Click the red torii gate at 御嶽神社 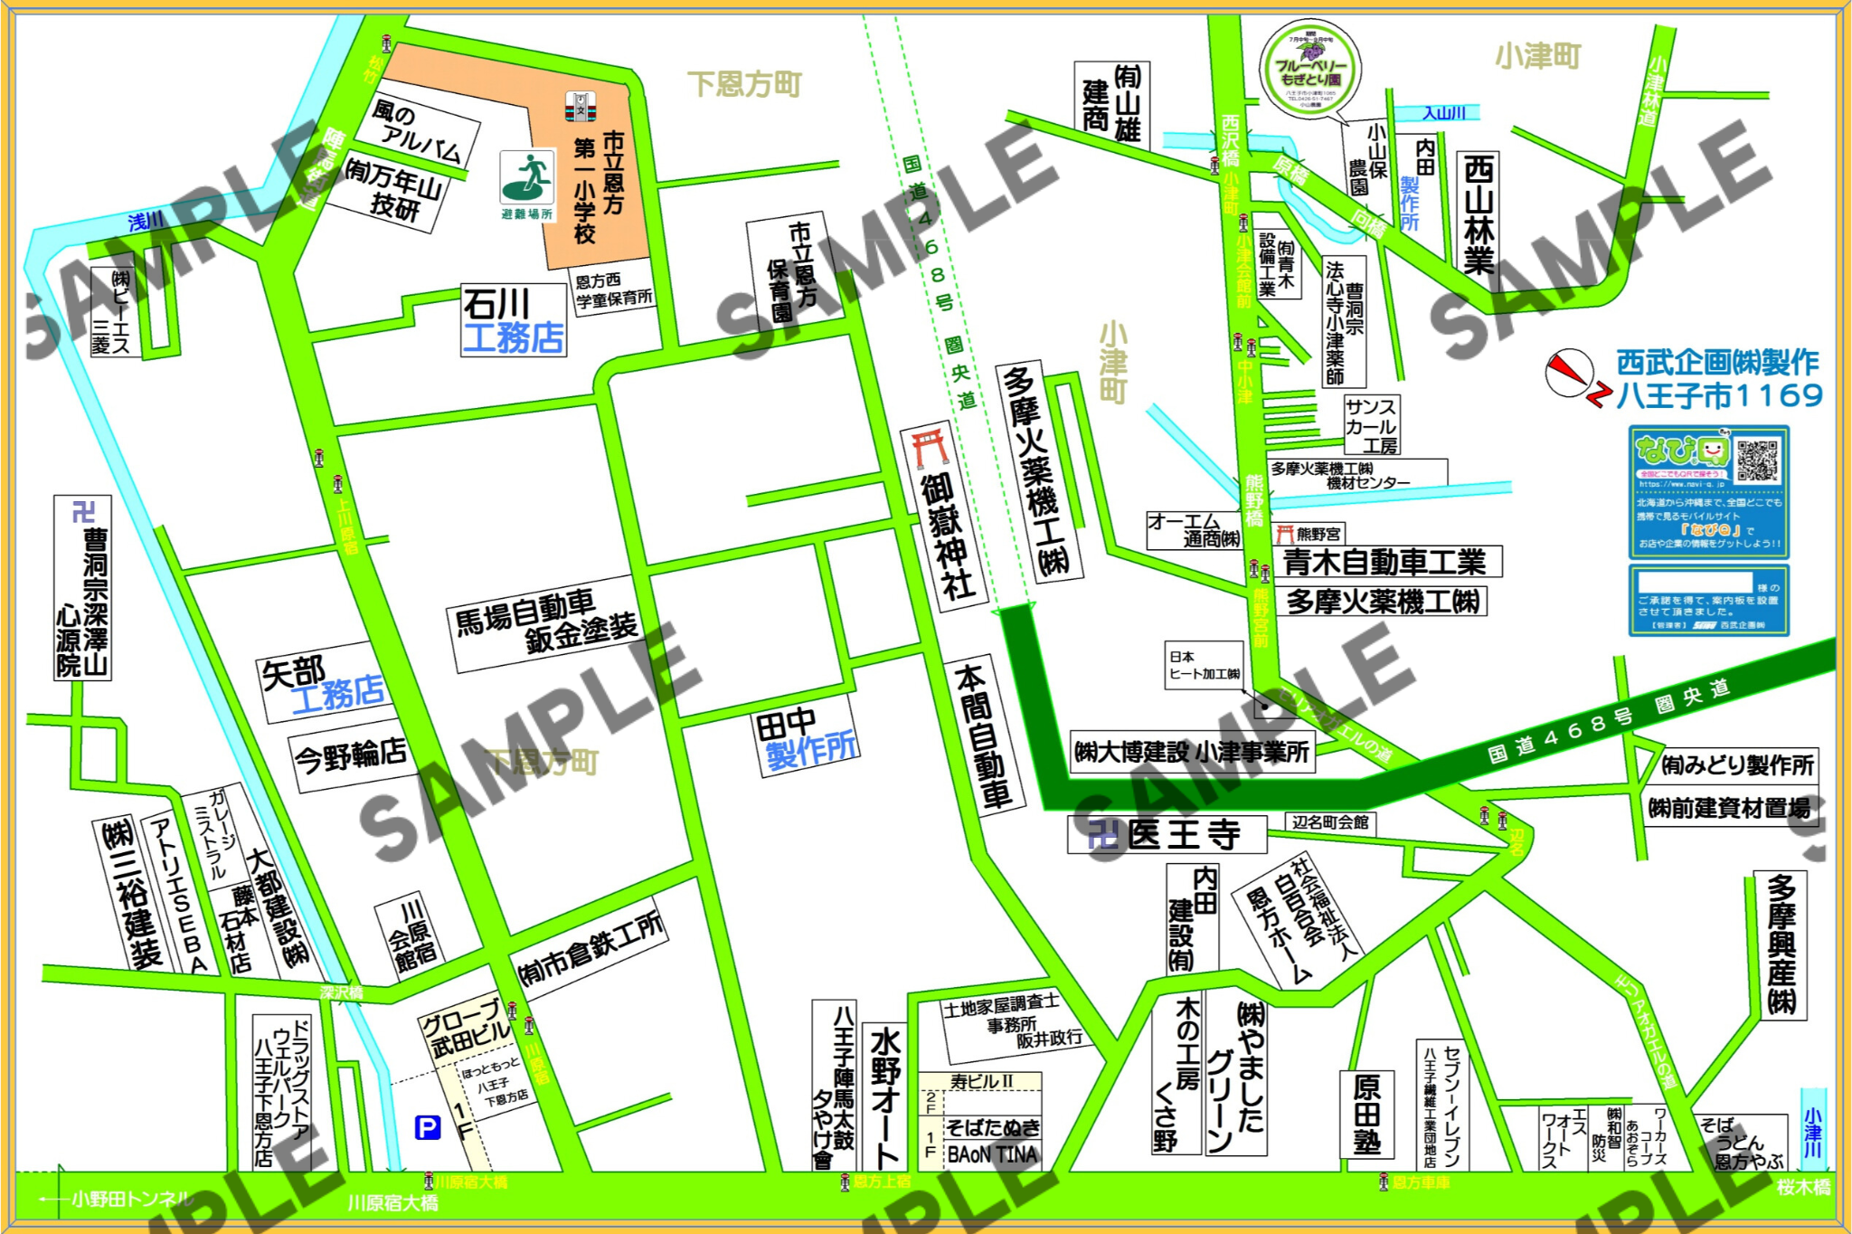pos(930,449)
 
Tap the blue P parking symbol pos(427,1127)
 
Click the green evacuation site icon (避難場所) pos(527,178)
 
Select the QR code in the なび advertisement pos(1756,460)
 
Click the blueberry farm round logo pos(1310,69)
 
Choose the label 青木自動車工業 pos(1385,562)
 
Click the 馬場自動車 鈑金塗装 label pos(545,623)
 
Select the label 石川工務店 pos(513,321)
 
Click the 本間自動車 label pos(985,735)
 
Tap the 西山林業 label pos(1478,214)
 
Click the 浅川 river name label pos(146,221)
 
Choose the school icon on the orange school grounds pos(580,107)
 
